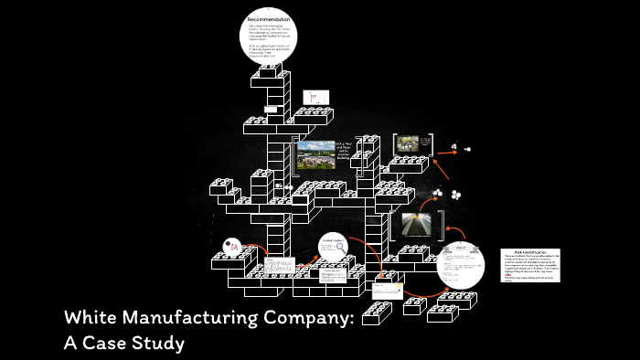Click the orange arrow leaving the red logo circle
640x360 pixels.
click(x=256, y=249)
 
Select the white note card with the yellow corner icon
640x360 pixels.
click(x=388, y=290)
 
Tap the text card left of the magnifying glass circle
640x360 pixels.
click(x=273, y=272)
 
